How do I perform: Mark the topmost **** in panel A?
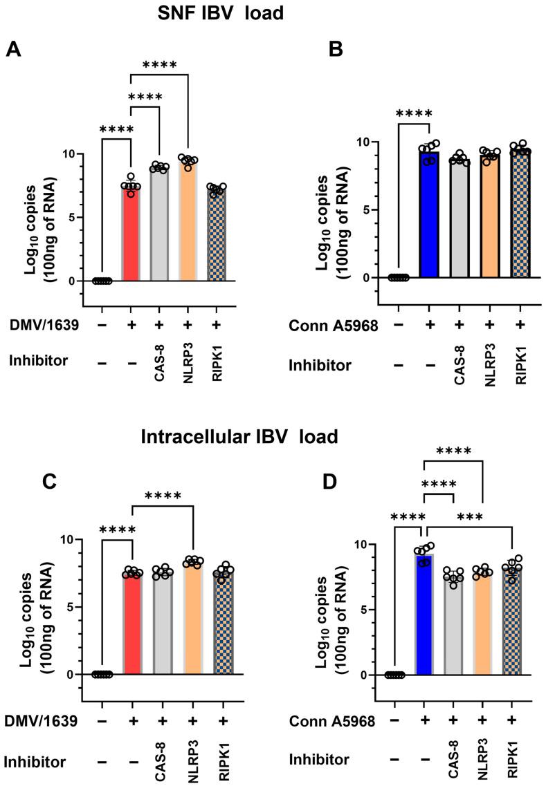(x=160, y=66)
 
